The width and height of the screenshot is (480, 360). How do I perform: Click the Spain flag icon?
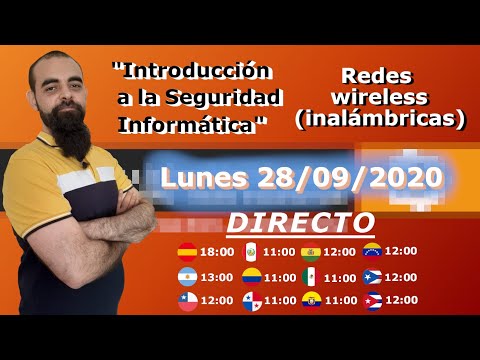pos(187,251)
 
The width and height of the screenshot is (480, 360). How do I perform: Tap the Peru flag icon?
pos(250,251)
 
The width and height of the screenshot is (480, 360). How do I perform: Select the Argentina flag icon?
pos(187,276)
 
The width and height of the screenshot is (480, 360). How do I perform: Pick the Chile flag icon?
pos(187,300)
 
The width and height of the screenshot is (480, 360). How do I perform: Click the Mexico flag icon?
pos(311,277)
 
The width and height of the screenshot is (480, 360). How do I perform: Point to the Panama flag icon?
pos(250,300)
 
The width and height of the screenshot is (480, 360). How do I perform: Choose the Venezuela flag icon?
pos(372,250)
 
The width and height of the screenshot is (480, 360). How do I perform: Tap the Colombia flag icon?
pos(250,276)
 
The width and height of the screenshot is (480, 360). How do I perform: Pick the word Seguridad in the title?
pos(226,98)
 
